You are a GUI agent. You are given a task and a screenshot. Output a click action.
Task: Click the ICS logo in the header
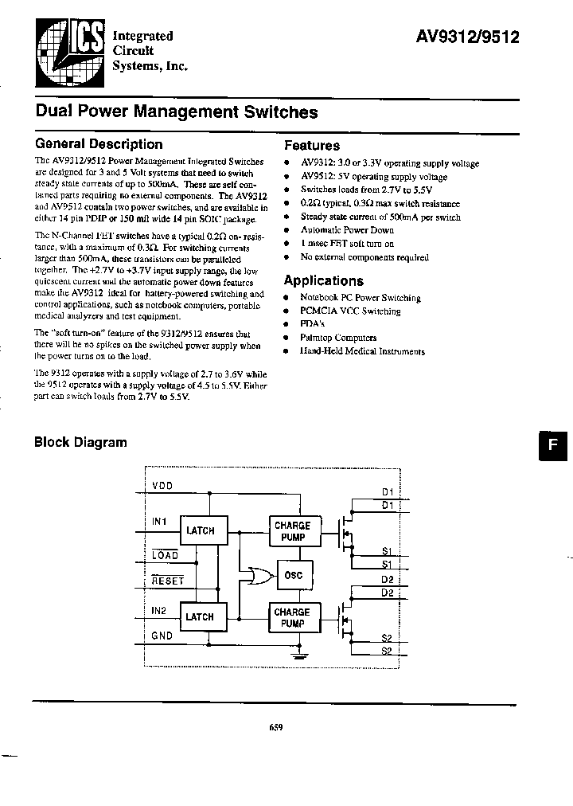click(x=68, y=52)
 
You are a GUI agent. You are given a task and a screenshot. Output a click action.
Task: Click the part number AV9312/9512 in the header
click(x=468, y=36)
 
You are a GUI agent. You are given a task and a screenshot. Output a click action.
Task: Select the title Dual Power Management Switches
click(x=177, y=113)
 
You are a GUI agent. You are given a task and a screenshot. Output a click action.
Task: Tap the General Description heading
click(x=99, y=144)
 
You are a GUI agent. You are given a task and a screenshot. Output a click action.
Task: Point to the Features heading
click(x=312, y=146)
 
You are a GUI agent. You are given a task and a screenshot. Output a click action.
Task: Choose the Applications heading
click(x=324, y=280)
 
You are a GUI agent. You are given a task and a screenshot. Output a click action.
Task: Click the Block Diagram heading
click(x=80, y=443)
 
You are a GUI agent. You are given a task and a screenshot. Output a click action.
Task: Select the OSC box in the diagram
click(x=293, y=575)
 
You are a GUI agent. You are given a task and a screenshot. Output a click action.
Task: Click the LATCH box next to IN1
click(x=200, y=530)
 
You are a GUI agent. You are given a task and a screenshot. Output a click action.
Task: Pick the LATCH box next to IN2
click(x=200, y=616)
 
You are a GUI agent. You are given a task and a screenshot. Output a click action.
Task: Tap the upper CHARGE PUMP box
click(x=292, y=531)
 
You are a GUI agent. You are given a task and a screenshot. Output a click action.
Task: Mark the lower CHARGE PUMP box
click(x=292, y=617)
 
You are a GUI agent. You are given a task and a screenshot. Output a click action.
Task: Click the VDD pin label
click(x=162, y=486)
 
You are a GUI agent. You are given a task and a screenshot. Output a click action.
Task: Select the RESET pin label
click(x=167, y=581)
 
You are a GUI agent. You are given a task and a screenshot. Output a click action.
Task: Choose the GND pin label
click(x=162, y=636)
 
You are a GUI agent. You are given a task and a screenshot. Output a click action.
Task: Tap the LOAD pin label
click(x=165, y=555)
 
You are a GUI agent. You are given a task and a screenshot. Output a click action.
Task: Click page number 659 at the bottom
click(x=275, y=726)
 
